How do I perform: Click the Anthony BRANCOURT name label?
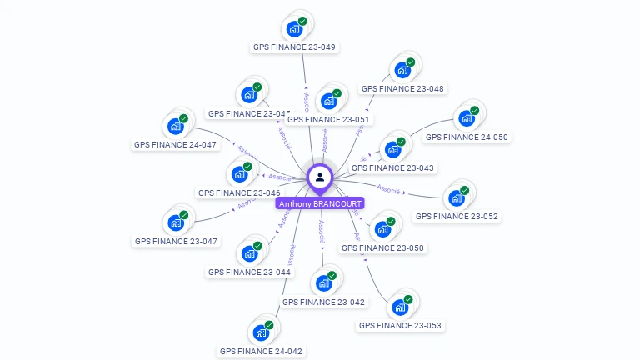(x=320, y=203)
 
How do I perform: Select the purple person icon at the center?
(x=320, y=177)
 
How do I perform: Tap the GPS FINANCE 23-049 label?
(x=294, y=47)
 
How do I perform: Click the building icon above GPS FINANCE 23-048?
(x=403, y=68)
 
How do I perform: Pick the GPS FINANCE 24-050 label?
(x=467, y=137)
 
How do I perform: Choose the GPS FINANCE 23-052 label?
(x=457, y=216)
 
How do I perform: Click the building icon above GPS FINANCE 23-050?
(x=383, y=228)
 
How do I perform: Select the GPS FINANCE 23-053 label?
(x=400, y=325)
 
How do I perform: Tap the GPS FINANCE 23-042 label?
(x=323, y=302)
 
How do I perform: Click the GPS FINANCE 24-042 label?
(x=261, y=351)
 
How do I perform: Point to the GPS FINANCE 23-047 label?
(x=176, y=241)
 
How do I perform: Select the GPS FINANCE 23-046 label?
(x=238, y=192)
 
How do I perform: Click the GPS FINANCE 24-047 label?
(x=175, y=144)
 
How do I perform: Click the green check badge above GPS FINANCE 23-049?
(x=302, y=21)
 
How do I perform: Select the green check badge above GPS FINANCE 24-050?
(x=474, y=111)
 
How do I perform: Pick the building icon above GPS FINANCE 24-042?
(x=260, y=332)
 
